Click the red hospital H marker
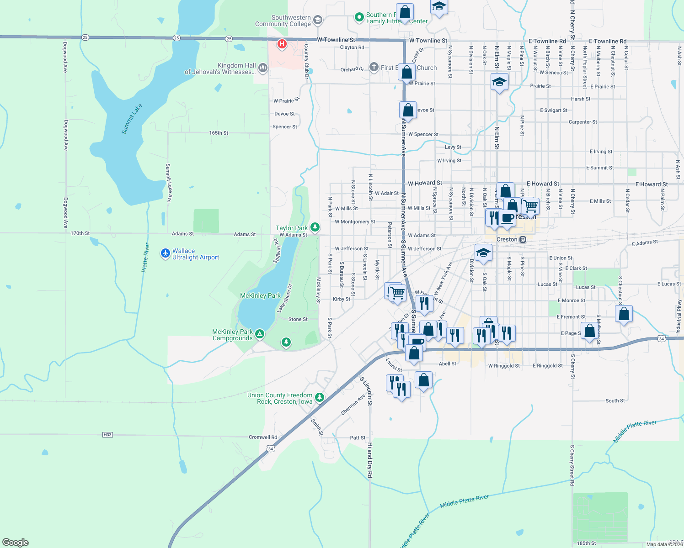[282, 44]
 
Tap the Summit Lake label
[132, 119]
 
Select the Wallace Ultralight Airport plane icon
[166, 253]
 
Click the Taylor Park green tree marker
[315, 227]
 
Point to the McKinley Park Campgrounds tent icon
[260, 334]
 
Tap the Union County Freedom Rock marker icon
[320, 397]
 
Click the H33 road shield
[107, 435]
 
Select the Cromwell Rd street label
[263, 437]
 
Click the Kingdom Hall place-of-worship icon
[262, 68]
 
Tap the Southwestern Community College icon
[318, 20]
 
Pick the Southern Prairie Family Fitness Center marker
[359, 17]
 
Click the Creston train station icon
[523, 239]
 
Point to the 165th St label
[219, 133]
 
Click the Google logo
[16, 543]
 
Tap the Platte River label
[145, 258]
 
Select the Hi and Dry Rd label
[370, 460]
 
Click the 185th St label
[586, 543]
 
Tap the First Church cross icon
[374, 68]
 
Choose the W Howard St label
[425, 183]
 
